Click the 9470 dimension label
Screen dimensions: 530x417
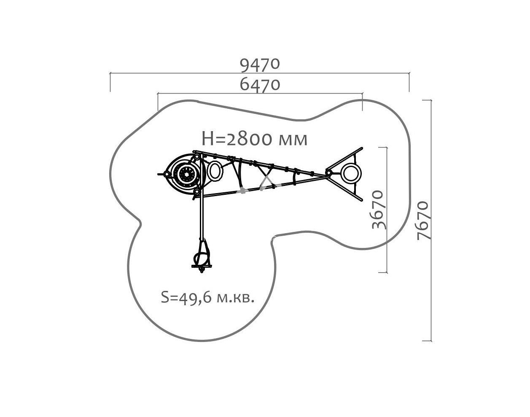[260, 65]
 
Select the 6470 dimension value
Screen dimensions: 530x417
[260, 85]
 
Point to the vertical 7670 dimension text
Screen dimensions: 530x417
[424, 221]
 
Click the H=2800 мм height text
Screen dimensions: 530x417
[254, 139]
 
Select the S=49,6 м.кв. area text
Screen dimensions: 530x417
[207, 297]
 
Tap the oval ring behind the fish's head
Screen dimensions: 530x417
[215, 170]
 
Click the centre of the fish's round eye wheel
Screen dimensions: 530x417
[186, 174]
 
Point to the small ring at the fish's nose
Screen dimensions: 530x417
[167, 174]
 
